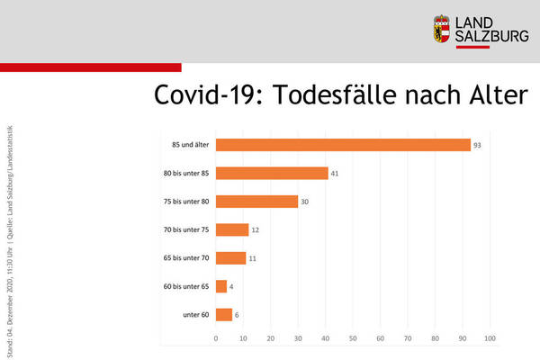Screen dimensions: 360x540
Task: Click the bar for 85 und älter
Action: [x=343, y=145]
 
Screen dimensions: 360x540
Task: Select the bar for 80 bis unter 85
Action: [x=272, y=173]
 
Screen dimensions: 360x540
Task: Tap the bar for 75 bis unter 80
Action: [x=256, y=202]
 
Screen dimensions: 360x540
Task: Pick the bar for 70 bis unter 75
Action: [x=232, y=229]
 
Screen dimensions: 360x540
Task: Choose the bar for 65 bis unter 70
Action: [x=230, y=258]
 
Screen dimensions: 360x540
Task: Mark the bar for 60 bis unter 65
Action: [x=221, y=286]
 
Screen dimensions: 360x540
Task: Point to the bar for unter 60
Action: [x=224, y=315]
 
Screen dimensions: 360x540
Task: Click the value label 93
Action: [x=478, y=145]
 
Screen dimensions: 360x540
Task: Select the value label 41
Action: [x=335, y=173]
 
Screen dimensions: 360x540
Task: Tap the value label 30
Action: [x=304, y=202]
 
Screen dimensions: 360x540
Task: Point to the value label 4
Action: [x=233, y=286]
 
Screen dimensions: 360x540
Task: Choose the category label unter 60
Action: [x=195, y=315]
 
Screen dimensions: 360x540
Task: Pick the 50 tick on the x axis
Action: [x=354, y=338]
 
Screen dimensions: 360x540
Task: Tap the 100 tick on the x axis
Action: [x=490, y=338]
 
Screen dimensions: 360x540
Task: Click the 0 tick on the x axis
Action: [x=216, y=338]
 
